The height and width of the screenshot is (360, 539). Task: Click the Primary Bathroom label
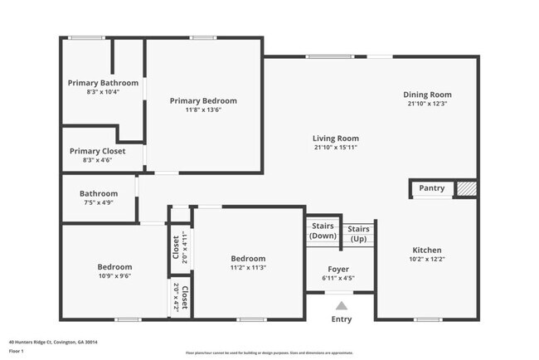click(103, 83)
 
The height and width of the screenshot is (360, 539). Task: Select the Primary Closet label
click(98, 150)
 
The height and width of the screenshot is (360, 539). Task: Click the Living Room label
click(335, 138)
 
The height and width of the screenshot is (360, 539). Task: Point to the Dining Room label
click(427, 95)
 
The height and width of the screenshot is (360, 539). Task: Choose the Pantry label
click(431, 188)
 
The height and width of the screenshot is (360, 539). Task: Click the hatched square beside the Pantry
click(467, 189)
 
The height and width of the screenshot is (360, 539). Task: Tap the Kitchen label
click(427, 250)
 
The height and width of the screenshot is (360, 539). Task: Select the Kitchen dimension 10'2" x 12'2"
click(427, 260)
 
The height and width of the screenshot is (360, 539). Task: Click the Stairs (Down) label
click(322, 231)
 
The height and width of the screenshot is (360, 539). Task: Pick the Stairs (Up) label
click(358, 233)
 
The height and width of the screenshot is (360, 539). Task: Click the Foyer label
click(337, 270)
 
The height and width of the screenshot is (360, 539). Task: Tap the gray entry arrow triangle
click(342, 305)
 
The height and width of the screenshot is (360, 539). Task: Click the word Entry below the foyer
click(342, 319)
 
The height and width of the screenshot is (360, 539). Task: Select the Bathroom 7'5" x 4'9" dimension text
click(99, 202)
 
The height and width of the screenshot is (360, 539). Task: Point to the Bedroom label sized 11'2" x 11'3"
click(248, 258)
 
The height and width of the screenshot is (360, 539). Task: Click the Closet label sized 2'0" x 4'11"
click(176, 246)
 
